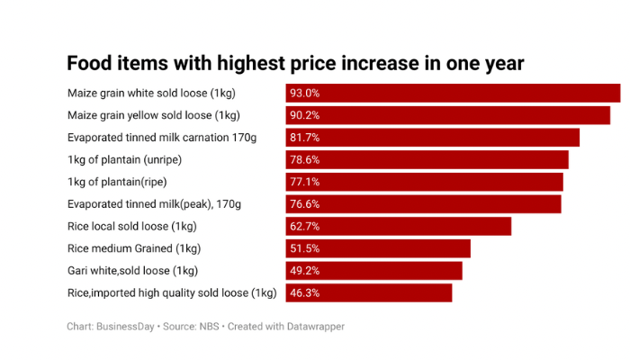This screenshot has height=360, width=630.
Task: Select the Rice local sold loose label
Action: click(132, 226)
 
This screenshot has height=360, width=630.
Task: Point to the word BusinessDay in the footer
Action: click(125, 327)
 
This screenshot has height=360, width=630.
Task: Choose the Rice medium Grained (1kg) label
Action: click(134, 248)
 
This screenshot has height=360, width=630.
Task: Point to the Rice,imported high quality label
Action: click(172, 292)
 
